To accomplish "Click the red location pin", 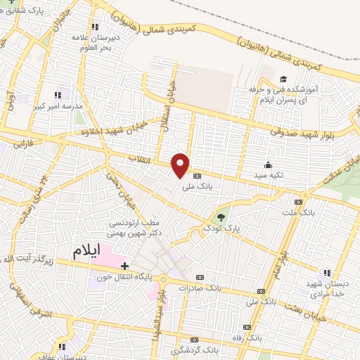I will pos(181,165).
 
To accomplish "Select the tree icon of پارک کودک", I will pos(221,217).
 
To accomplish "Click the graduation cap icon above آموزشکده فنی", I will pos(283,79).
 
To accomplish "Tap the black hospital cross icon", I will pos(125,266).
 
